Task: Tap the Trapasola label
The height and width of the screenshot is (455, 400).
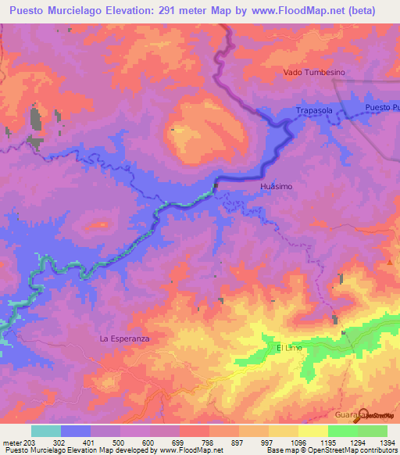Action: click(x=315, y=112)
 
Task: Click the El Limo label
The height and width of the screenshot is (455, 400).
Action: click(x=289, y=346)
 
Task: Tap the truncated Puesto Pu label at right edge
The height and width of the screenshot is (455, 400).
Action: click(x=382, y=107)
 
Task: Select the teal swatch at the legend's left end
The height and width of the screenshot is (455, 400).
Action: click(x=46, y=431)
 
